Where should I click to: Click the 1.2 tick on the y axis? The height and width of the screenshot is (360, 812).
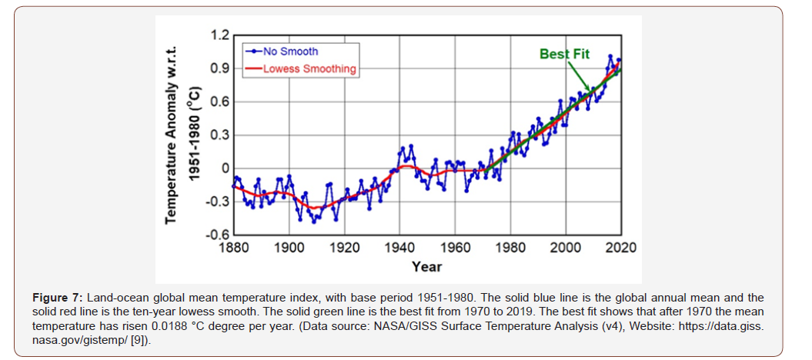pyautogui.click(x=219, y=35)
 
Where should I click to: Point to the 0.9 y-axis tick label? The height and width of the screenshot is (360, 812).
pyautogui.click(x=219, y=69)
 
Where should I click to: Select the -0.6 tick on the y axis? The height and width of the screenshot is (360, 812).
pyautogui.click(x=217, y=235)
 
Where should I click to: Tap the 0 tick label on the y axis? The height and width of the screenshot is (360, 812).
pyautogui.click(x=225, y=168)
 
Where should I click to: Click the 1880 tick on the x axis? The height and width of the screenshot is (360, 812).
pyautogui.click(x=233, y=248)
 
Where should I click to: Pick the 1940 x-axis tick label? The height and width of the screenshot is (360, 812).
pyautogui.click(x=399, y=248)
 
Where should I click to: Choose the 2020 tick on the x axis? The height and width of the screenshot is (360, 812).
pyautogui.click(x=620, y=248)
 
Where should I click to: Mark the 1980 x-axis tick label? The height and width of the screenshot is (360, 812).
pyautogui.click(x=510, y=248)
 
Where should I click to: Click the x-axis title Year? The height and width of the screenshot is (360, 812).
pyautogui.click(x=426, y=266)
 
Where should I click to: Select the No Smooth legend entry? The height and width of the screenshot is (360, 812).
pyautogui.click(x=290, y=52)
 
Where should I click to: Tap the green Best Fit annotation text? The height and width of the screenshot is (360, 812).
pyautogui.click(x=563, y=55)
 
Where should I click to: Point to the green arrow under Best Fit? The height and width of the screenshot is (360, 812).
pyautogui.click(x=579, y=75)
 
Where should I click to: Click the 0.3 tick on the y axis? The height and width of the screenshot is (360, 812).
pyautogui.click(x=219, y=135)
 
